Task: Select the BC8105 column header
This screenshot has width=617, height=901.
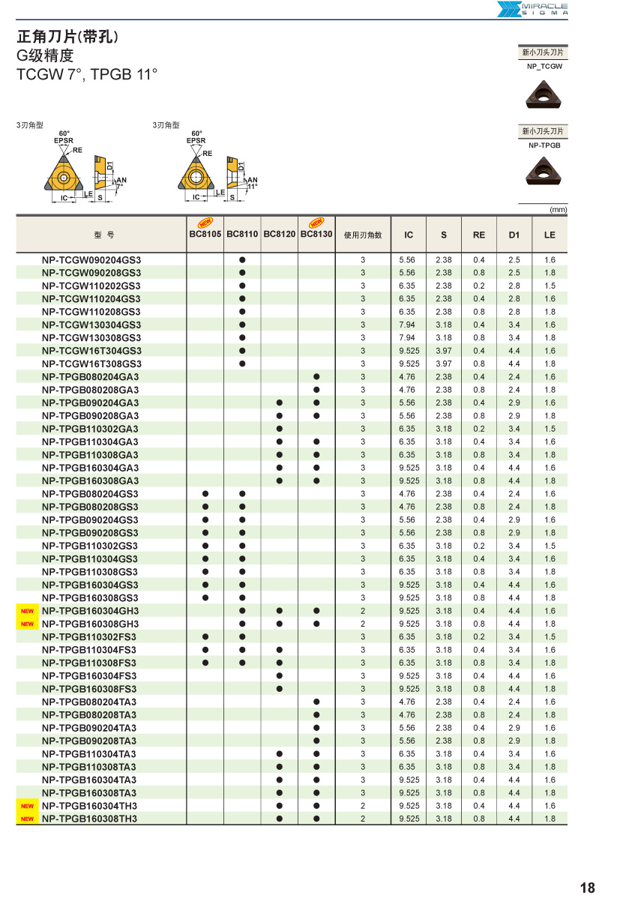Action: pos(205,235)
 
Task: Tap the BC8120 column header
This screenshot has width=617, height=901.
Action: pos(279,235)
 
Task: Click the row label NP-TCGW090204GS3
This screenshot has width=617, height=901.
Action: pos(91,260)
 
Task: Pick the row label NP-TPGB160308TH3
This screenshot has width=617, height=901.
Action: pos(90,819)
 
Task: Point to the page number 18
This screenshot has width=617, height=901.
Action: pos(587,888)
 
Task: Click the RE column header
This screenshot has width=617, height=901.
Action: pos(479,235)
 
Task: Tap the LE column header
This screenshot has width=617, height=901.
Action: pos(550,235)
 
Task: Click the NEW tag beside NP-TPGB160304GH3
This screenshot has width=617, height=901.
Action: pos(28,611)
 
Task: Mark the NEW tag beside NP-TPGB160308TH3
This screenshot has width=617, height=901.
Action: pos(28,819)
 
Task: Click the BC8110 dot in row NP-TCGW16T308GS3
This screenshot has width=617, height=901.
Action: pos(242,364)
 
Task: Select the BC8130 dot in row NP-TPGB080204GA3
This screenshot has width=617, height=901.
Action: pos(316,377)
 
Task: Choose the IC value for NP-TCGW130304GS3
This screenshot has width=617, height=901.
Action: pos(407,325)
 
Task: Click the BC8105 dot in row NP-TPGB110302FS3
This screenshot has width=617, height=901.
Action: pos(205,637)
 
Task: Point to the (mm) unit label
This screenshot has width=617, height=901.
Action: pos(558,210)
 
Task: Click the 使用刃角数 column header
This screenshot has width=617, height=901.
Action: pos(363,235)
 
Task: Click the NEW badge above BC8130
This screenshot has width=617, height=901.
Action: pos(316,223)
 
